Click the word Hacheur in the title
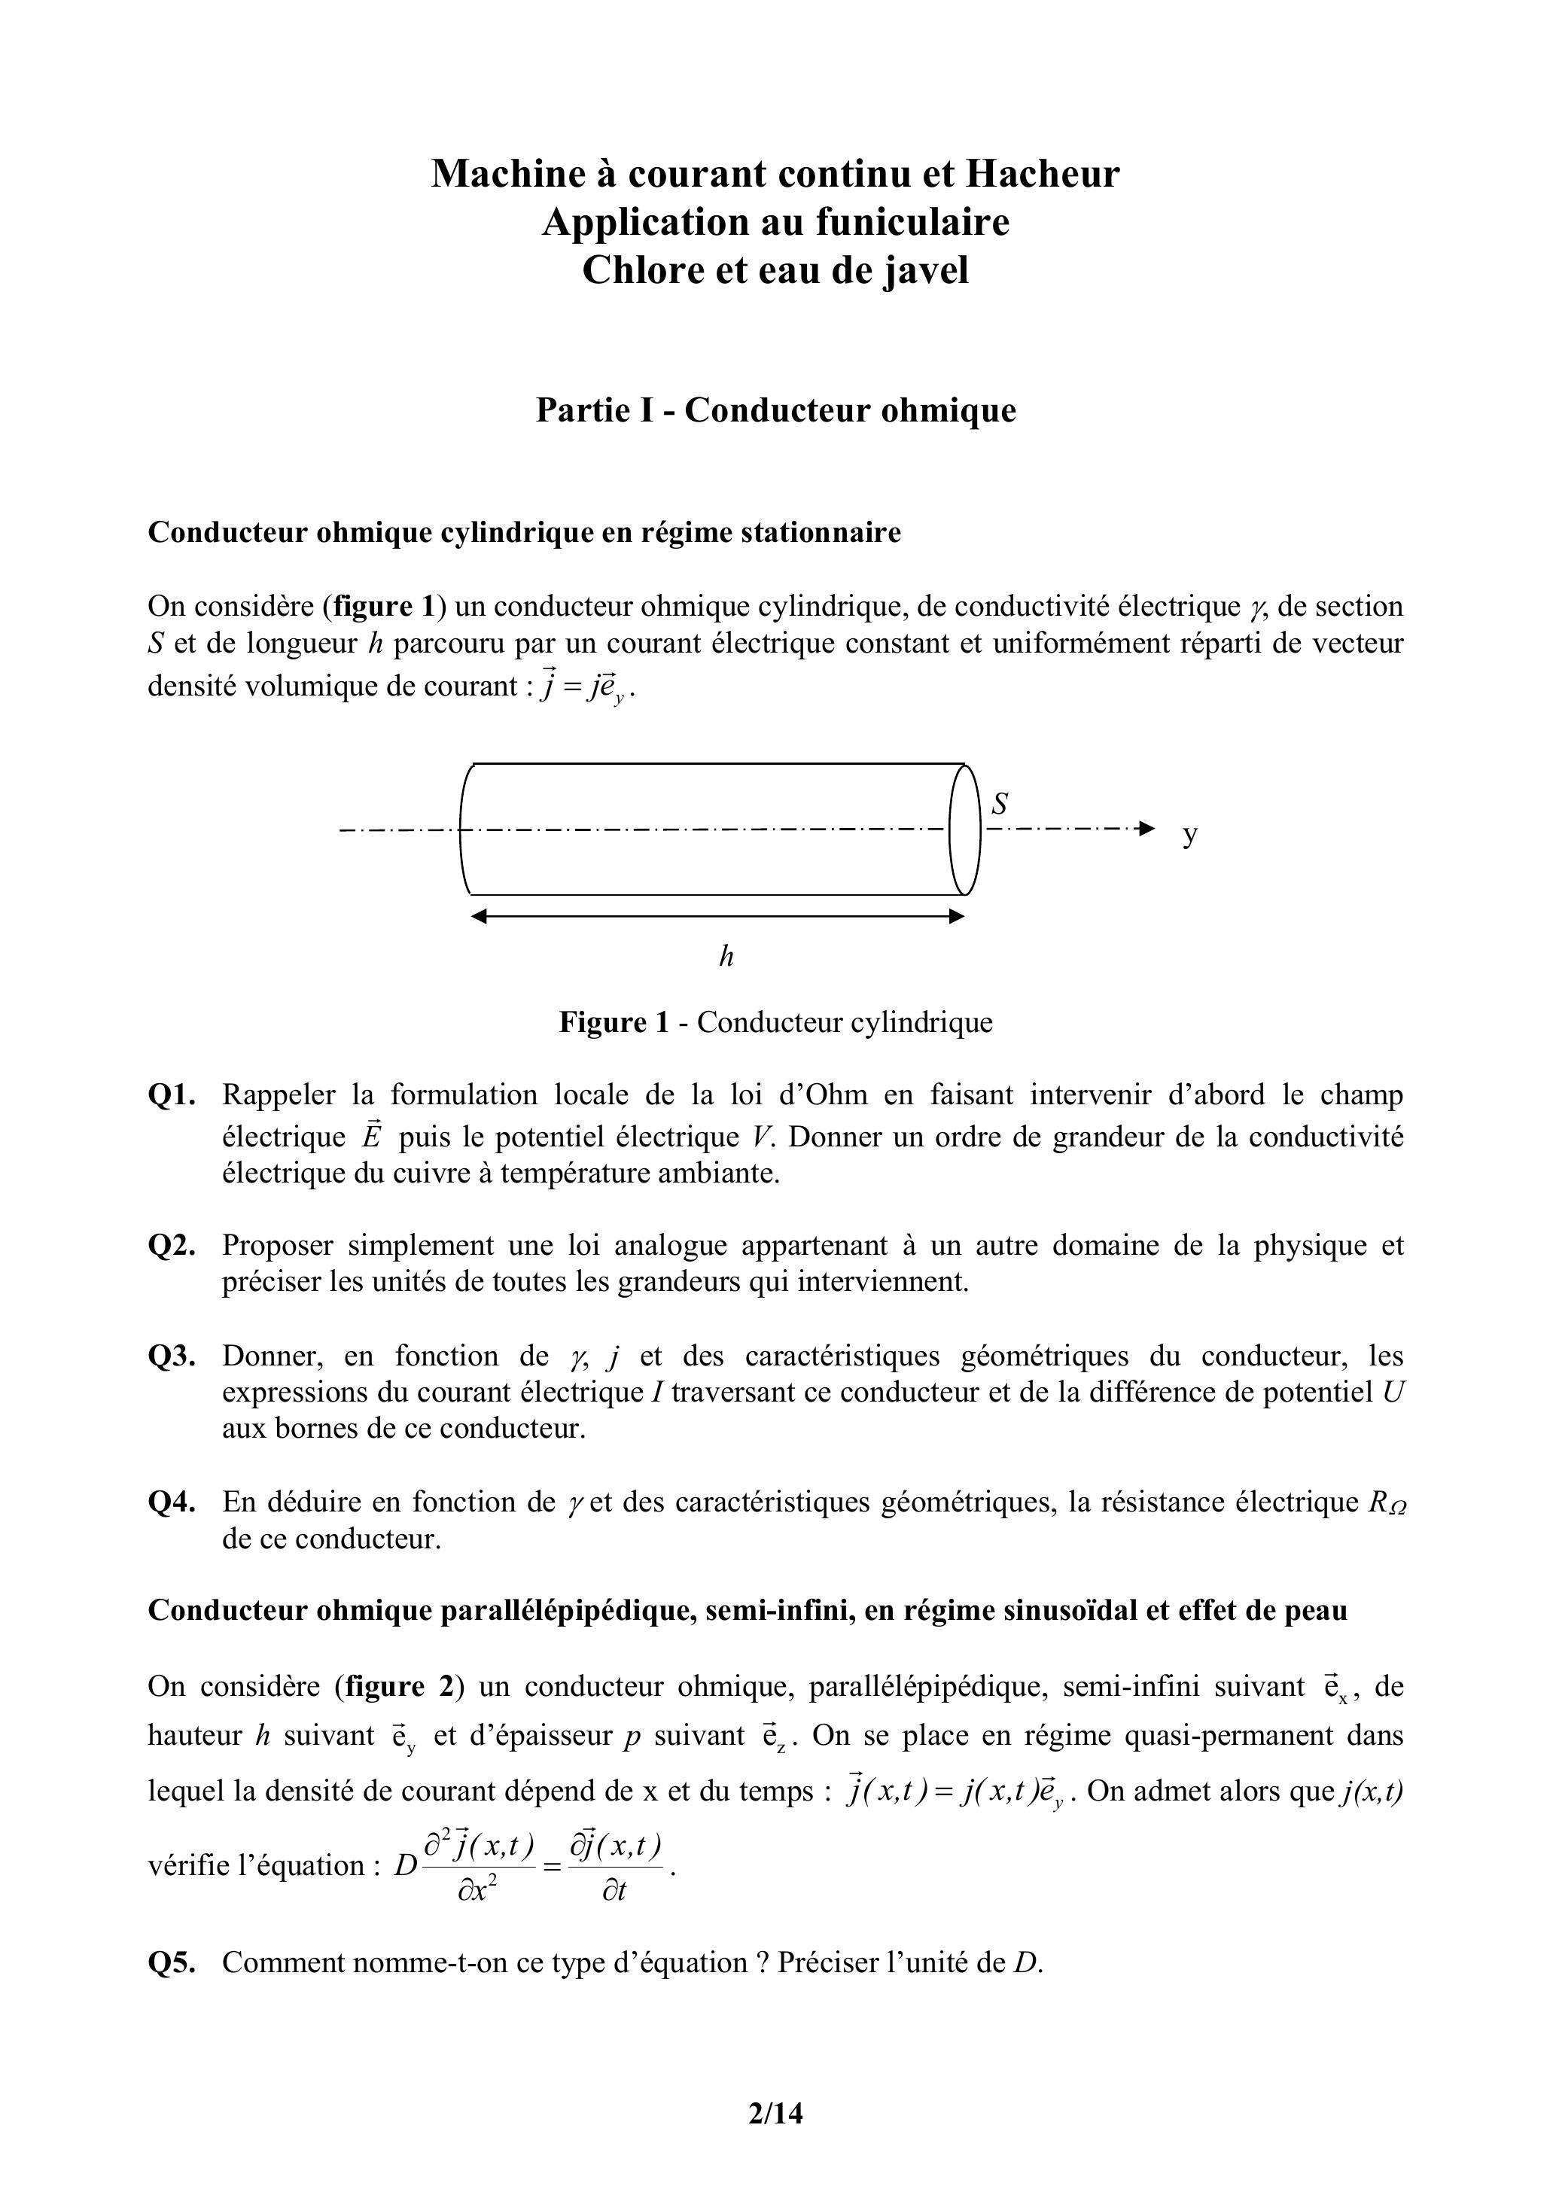1042,174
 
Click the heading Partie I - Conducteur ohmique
775,410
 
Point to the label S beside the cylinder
1000,802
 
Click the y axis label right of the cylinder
1189,834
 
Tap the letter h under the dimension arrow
726,956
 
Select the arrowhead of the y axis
1146,828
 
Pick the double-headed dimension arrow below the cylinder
717,916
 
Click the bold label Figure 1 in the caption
614,1023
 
